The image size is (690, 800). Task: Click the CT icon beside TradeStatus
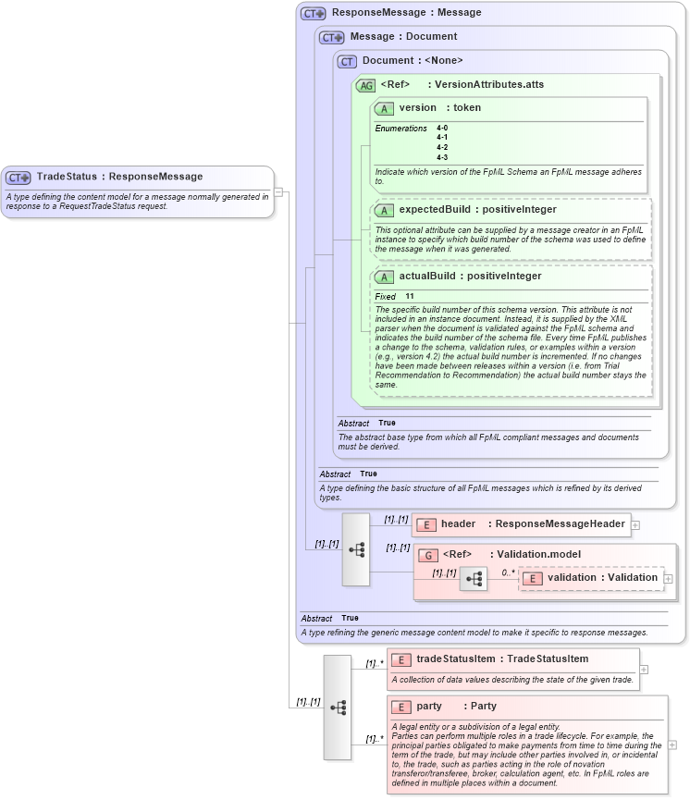click(18, 178)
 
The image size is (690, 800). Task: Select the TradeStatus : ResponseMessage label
click(119, 177)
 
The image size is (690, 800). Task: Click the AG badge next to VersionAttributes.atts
click(365, 85)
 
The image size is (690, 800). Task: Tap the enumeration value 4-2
click(442, 147)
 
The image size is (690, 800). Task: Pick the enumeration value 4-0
click(442, 128)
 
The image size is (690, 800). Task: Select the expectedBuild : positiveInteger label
click(477, 210)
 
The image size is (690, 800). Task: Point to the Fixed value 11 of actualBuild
click(409, 296)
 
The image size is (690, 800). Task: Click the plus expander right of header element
click(635, 524)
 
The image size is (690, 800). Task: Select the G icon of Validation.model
click(428, 555)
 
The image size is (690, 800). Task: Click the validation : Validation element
click(601, 578)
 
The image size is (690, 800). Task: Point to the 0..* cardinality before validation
click(508, 572)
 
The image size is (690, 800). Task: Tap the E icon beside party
click(401, 707)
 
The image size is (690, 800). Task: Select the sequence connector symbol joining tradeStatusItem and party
click(338, 708)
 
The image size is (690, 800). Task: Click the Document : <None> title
click(412, 61)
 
